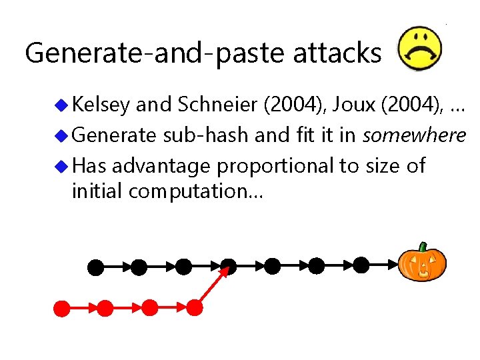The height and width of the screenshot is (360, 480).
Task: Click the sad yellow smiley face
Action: click(419, 49)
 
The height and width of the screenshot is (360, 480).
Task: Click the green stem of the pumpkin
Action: click(422, 247)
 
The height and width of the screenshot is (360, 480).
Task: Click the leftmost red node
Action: click(62, 308)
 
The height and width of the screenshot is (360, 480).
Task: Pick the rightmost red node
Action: click(194, 307)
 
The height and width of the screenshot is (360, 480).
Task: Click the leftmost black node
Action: click(96, 268)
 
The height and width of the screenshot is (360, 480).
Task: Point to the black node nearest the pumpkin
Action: click(361, 265)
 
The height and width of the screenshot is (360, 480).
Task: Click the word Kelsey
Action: click(101, 105)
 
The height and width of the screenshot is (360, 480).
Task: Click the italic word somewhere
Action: click(414, 135)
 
